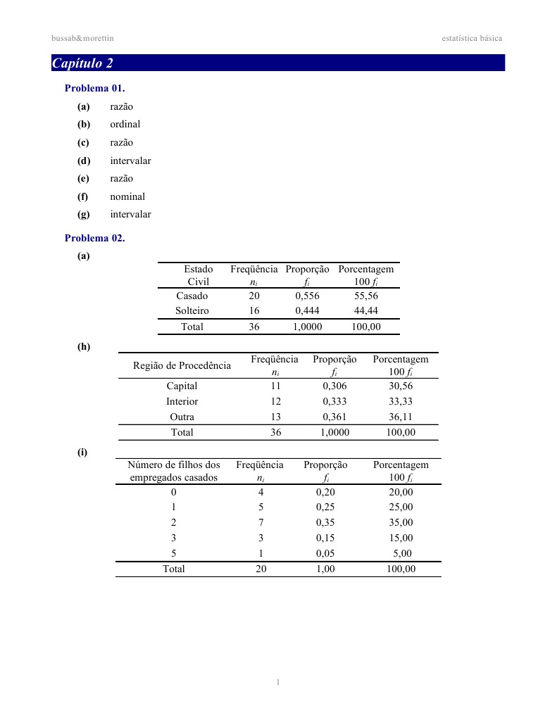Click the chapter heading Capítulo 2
click(82, 63)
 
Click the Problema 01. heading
click(94, 88)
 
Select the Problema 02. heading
click(94, 238)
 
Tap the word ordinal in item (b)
click(125, 125)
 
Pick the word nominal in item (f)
click(127, 197)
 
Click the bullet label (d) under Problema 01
click(84, 161)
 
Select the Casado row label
click(192, 296)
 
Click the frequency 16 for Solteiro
click(254, 310)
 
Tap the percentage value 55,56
click(366, 296)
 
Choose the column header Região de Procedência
click(182, 365)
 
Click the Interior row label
click(182, 402)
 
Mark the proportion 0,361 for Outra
click(334, 417)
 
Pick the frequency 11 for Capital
click(275, 386)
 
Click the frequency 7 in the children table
click(261, 523)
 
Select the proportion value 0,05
click(325, 554)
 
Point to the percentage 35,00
click(401, 523)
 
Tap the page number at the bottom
click(279, 682)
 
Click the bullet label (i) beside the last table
click(83, 452)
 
